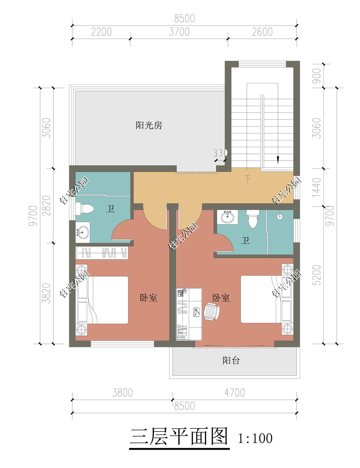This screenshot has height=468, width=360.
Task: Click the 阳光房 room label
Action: point(148,125)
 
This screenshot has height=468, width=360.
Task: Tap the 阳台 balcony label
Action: point(231,360)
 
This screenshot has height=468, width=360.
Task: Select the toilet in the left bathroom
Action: point(85,208)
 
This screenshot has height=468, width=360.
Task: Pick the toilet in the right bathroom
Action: point(253,219)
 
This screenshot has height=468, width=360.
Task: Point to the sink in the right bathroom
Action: point(227,217)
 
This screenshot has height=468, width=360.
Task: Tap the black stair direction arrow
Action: point(278,160)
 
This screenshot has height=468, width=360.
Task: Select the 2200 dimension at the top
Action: point(101,32)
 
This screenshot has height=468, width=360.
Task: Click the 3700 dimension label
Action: point(179,32)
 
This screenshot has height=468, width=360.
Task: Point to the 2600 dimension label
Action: point(262,32)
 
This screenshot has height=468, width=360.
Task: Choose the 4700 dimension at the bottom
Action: point(235,393)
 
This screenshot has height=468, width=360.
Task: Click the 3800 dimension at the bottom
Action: point(122,393)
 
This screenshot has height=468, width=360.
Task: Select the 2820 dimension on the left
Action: point(47,206)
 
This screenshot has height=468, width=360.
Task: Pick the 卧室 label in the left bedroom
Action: point(148,298)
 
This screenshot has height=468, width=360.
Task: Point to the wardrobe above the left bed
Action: point(102,253)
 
